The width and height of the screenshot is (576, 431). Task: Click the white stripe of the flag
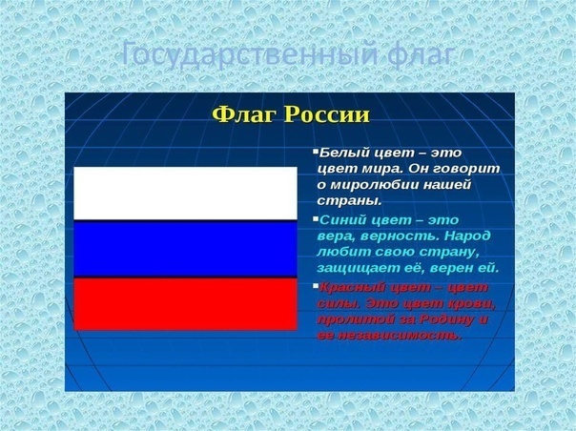pyautogui.click(x=186, y=193)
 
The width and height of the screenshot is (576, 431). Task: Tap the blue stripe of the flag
pyautogui.click(x=186, y=248)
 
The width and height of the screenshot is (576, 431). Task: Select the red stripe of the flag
pyautogui.click(x=186, y=303)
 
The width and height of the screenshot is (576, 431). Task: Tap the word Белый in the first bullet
pyautogui.click(x=340, y=153)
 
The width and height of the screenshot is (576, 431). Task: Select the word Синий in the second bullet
pyautogui.click(x=341, y=219)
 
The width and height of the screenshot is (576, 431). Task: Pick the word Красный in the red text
pyautogui.click(x=349, y=287)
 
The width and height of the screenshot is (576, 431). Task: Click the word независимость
pyautogui.click(x=401, y=336)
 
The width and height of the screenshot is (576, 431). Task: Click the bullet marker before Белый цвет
pyautogui.click(x=315, y=152)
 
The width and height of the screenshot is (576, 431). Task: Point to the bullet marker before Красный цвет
pyautogui.click(x=315, y=286)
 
